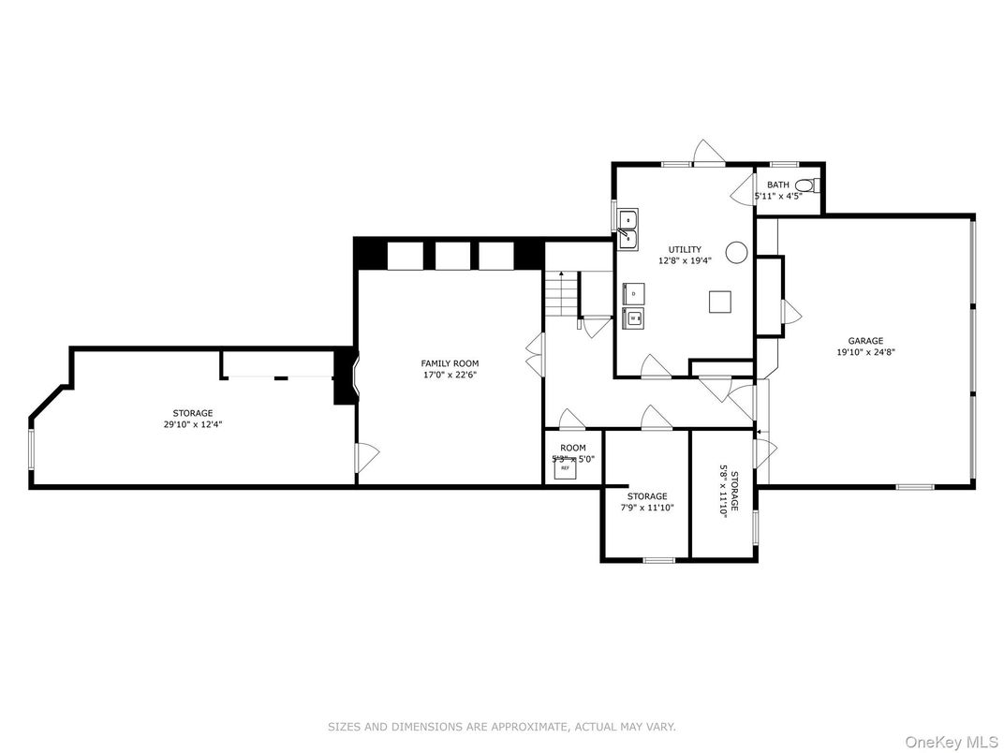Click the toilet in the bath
(814, 185)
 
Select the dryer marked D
(633, 294)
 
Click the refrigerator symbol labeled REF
(565, 469)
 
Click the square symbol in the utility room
(719, 302)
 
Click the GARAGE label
(865, 341)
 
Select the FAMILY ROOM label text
(450, 363)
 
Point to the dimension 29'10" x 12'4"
(192, 424)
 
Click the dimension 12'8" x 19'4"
(685, 261)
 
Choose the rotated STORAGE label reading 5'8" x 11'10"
(729, 493)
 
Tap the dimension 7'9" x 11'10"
(647, 508)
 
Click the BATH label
(778, 185)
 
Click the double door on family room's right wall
(535, 354)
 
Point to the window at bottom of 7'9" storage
(659, 560)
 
